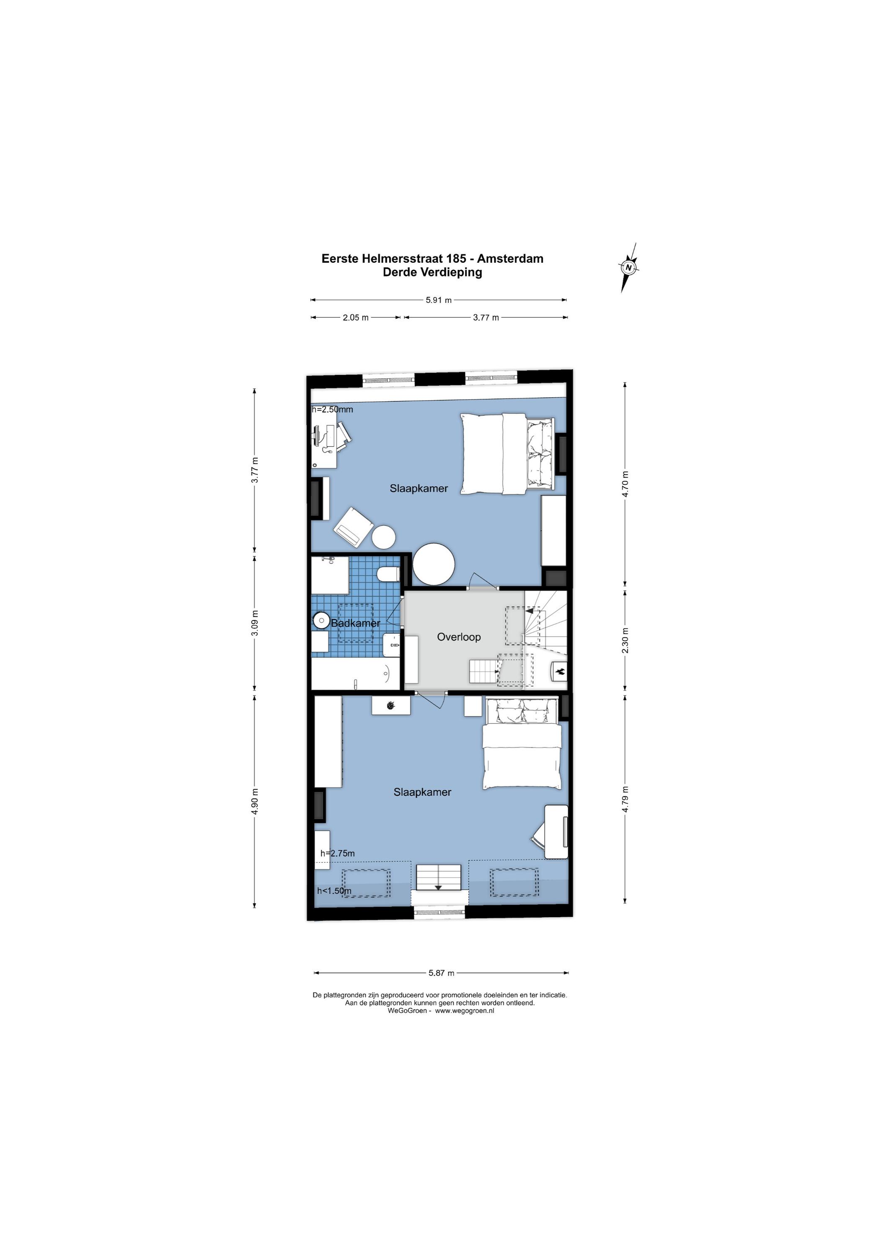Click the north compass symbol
[x=630, y=268]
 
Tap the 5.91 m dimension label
[x=439, y=300]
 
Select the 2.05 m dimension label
[x=356, y=318]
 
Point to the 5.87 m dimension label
[x=441, y=973]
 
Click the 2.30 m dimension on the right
[x=625, y=640]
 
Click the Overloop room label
[x=459, y=637]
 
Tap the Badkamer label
[x=355, y=623]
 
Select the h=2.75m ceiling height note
[x=337, y=853]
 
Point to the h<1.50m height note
[x=334, y=891]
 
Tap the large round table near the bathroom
[x=434, y=564]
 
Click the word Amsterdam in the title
[x=510, y=259]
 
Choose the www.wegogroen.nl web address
[x=464, y=1011]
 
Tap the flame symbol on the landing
[x=561, y=671]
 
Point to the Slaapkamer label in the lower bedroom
[x=422, y=791]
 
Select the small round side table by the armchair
[x=384, y=537]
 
